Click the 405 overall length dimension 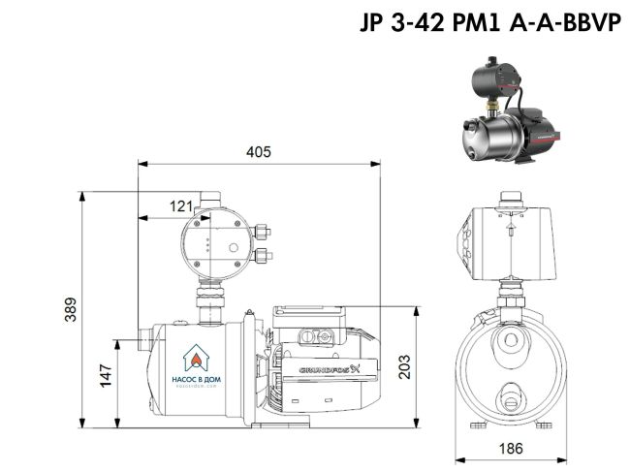[258, 152]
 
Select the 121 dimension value [181, 205]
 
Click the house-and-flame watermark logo [199, 356]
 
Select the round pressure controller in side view [221, 245]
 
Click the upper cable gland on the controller [264, 233]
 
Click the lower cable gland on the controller [264, 257]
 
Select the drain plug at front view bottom [509, 398]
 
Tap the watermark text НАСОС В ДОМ [199, 382]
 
